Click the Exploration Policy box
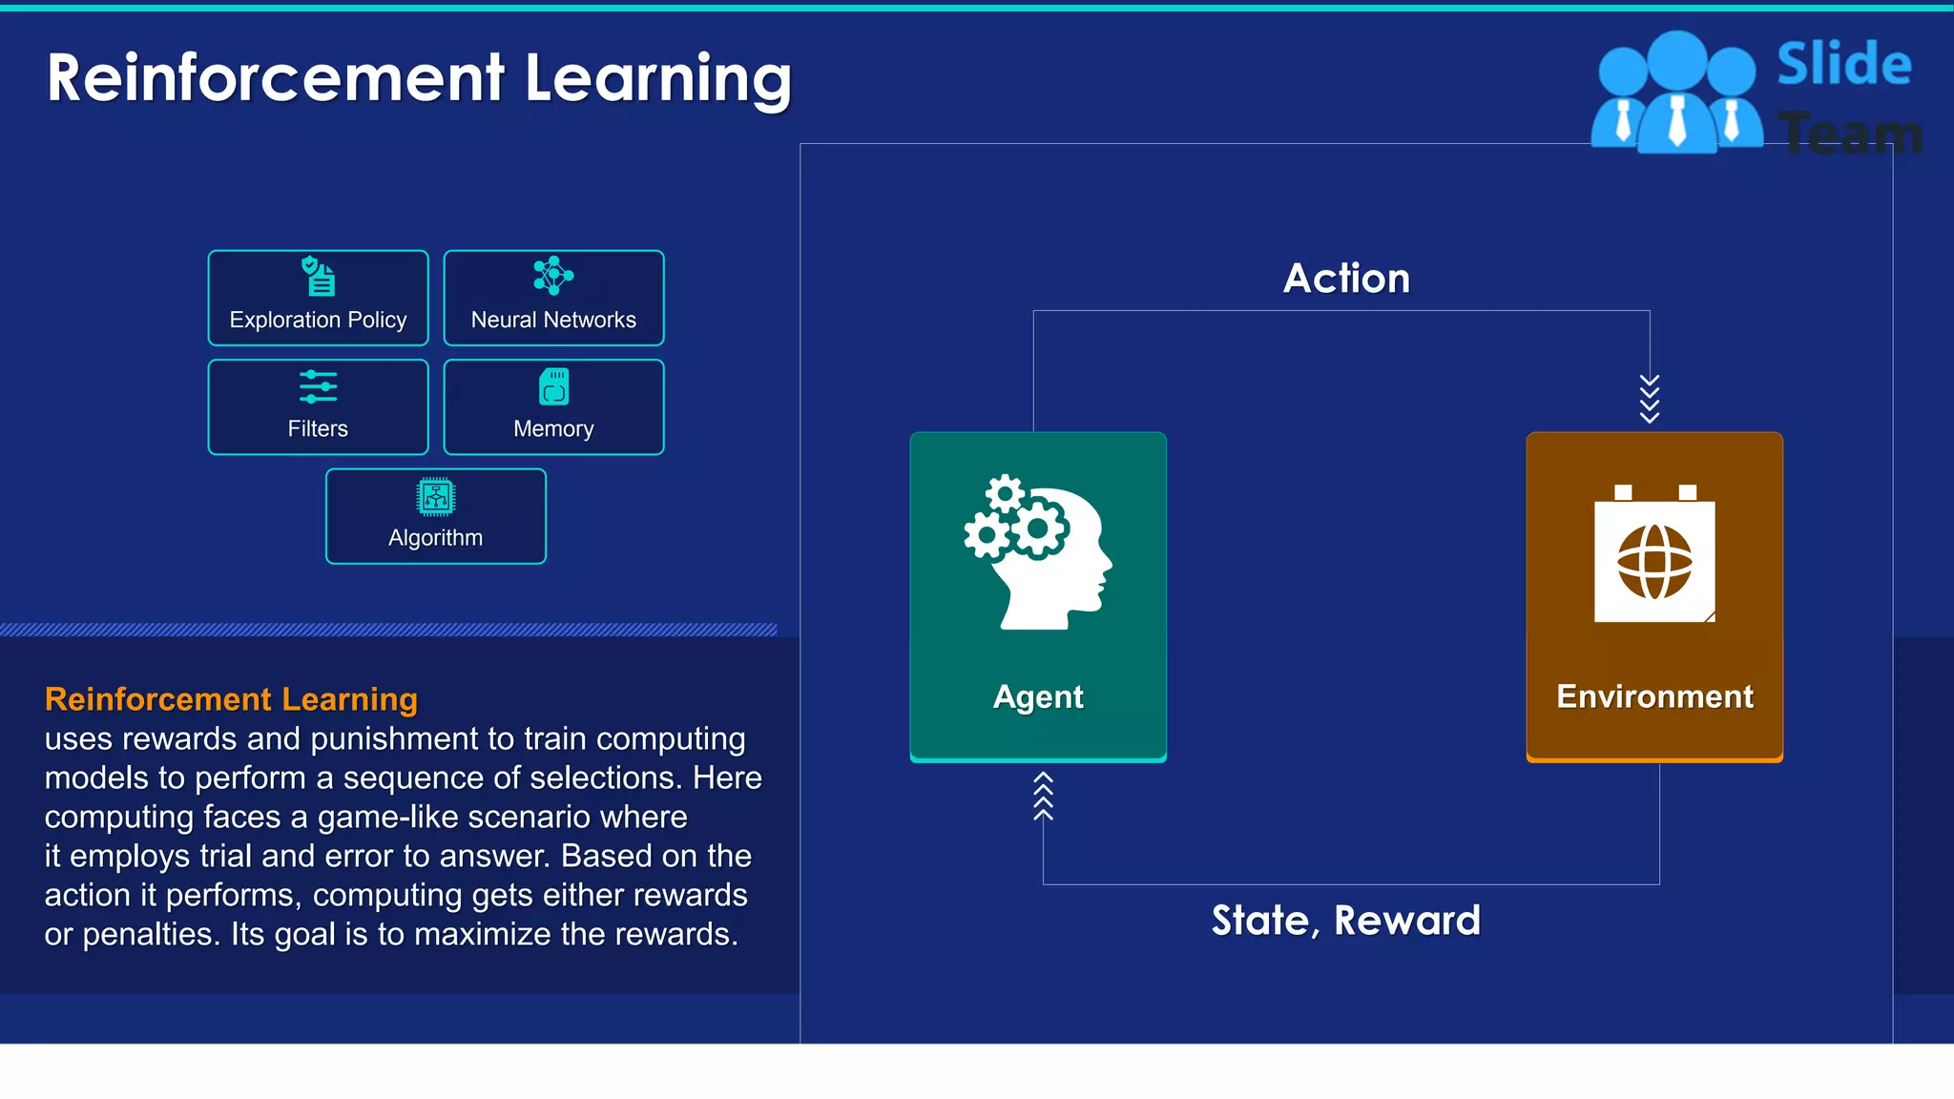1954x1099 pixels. click(318, 298)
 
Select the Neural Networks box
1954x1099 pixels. click(553, 298)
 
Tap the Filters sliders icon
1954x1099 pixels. click(318, 386)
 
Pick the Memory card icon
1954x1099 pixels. click(553, 386)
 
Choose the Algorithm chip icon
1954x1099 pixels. click(436, 497)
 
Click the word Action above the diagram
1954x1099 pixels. click(1346, 279)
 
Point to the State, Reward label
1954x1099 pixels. click(1345, 921)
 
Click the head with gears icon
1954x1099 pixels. click(1038, 552)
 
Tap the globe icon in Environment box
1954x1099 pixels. click(1654, 561)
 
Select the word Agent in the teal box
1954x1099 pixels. click(1038, 697)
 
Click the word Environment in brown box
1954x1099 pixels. click(1654, 697)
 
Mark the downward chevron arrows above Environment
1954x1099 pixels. click(1650, 398)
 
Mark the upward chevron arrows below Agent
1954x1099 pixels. click(1043, 796)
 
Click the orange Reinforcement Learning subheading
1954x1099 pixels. click(231, 699)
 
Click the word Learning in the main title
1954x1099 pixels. click(658, 78)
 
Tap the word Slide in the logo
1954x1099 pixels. click(1843, 65)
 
